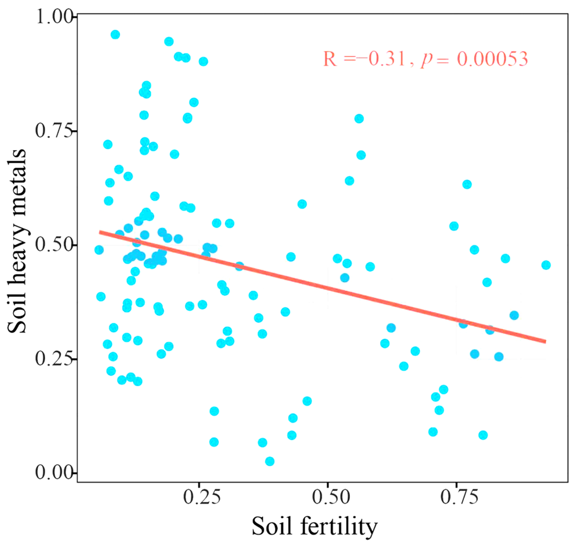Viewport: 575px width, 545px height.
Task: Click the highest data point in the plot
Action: coord(115,35)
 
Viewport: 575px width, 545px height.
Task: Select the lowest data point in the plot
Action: coord(270,461)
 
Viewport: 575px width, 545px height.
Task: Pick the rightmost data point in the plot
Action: coord(546,265)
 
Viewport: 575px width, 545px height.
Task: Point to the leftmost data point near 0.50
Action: coord(99,250)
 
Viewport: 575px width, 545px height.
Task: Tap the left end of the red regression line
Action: coord(100,232)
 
